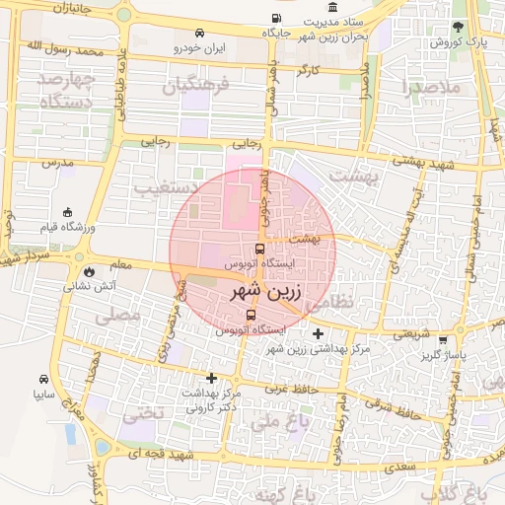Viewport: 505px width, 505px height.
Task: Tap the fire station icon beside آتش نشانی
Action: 90,269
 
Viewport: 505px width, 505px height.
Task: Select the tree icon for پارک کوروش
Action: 457,28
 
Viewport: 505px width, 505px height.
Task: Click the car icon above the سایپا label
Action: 44,379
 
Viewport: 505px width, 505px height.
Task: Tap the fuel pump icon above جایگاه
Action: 273,18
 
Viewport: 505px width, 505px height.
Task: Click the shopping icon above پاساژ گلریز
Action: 443,340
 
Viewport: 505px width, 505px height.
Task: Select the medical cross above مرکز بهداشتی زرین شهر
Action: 317,333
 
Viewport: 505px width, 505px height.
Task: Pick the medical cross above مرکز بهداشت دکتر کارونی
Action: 211,378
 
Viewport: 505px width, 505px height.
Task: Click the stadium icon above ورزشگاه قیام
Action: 67,212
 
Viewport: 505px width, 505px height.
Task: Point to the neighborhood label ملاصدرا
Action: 433,87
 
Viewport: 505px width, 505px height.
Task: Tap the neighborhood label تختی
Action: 141,412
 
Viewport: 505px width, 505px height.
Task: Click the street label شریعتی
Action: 412,333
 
